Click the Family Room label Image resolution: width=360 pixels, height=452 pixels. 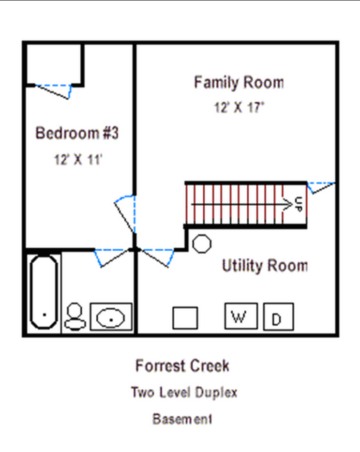coord(239,82)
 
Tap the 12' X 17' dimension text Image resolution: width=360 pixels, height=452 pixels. coord(239,107)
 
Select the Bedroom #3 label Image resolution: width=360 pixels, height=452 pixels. coord(77,133)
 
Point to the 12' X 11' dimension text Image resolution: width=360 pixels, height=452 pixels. coord(78,159)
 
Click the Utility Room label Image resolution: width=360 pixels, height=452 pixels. coord(265,266)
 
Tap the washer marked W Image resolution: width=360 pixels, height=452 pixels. coord(241,316)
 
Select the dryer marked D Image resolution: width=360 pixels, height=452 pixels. coord(278,316)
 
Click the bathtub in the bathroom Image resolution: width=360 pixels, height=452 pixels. coord(44,292)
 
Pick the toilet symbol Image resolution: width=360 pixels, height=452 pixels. coord(75,316)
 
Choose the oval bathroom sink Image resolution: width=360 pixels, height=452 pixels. coord(111,317)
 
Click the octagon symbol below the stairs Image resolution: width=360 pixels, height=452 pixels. coord(202,244)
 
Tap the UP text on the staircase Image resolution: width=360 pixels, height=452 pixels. coord(299,204)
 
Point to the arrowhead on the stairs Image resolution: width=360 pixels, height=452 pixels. coord(288,205)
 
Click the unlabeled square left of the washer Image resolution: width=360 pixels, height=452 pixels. coord(185,318)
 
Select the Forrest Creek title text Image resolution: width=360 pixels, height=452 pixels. coord(182,366)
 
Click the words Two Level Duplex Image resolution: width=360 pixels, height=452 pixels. coord(184,392)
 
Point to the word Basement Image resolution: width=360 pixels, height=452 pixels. coord(182,419)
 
